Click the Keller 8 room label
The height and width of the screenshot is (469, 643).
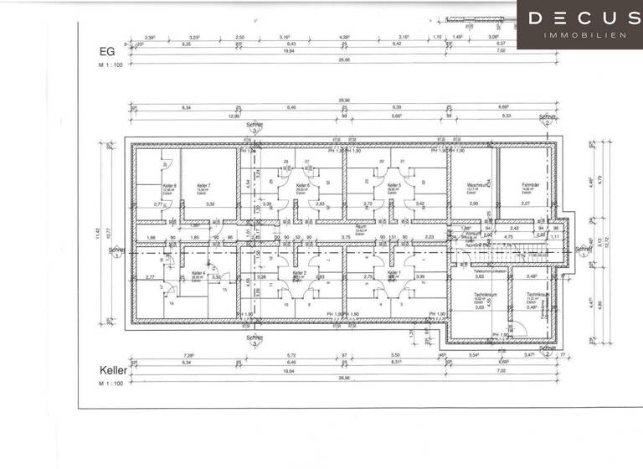pyautogui.click(x=147, y=186)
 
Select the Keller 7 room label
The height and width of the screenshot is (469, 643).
pyautogui.click(x=203, y=186)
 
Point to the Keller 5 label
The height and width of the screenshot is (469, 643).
pyautogui.click(x=394, y=186)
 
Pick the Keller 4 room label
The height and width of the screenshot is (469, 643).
pyautogui.click(x=198, y=273)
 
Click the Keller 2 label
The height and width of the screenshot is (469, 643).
pyautogui.click(x=300, y=273)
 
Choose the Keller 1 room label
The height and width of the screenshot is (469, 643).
pyautogui.click(x=393, y=273)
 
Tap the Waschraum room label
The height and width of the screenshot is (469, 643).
pyautogui.click(x=478, y=186)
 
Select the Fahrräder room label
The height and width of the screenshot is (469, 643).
pyautogui.click(x=529, y=186)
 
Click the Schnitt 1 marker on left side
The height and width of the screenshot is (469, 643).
pyautogui.click(x=116, y=251)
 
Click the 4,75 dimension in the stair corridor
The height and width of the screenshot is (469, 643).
pyautogui.click(x=507, y=236)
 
